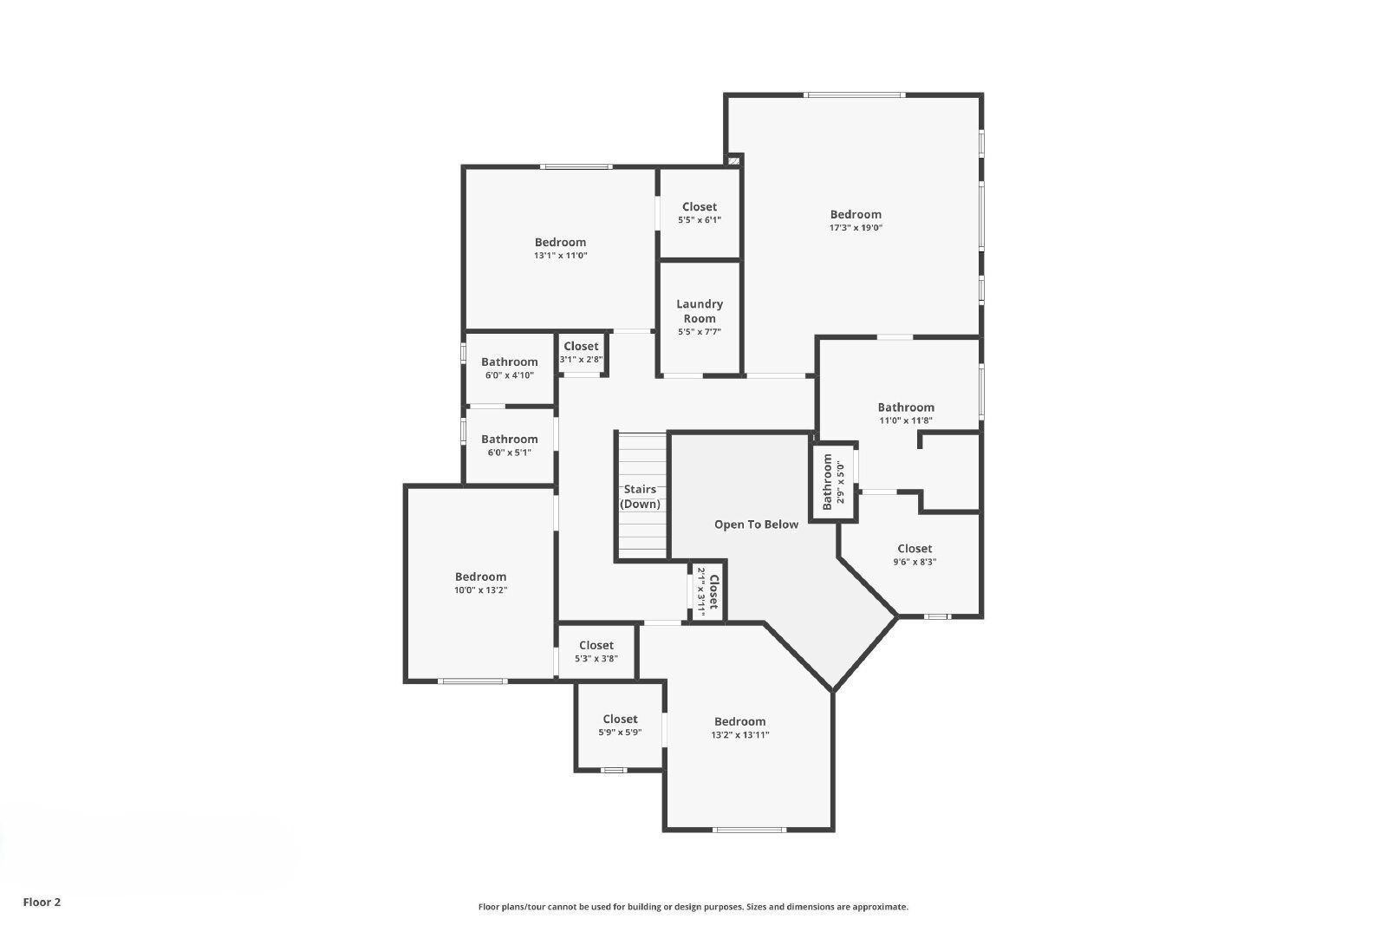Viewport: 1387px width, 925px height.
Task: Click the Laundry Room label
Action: click(700, 311)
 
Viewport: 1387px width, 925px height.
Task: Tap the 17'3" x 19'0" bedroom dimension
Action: click(856, 228)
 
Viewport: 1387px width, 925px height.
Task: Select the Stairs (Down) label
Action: click(640, 497)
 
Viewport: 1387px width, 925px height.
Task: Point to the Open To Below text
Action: click(756, 524)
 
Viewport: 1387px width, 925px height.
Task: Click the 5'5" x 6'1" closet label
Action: click(700, 213)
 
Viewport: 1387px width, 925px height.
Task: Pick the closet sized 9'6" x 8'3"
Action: click(915, 555)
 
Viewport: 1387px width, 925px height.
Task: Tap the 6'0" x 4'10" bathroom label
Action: click(510, 368)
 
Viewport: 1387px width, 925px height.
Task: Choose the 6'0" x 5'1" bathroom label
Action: click(510, 446)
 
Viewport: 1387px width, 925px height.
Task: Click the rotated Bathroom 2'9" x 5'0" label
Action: click(833, 482)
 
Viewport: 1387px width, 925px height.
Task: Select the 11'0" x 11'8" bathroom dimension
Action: click(906, 420)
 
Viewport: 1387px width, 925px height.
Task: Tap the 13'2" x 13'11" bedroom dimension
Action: click(740, 734)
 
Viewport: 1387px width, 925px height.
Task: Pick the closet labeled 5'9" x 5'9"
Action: click(620, 725)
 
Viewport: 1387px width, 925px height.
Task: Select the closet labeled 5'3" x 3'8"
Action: click(596, 651)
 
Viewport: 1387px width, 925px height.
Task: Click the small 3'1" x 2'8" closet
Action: click(581, 352)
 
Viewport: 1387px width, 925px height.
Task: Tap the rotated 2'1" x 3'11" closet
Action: click(707, 592)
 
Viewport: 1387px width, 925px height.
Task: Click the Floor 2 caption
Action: click(42, 902)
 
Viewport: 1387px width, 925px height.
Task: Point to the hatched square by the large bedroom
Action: click(733, 160)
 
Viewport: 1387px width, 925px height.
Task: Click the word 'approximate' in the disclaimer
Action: click(880, 907)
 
